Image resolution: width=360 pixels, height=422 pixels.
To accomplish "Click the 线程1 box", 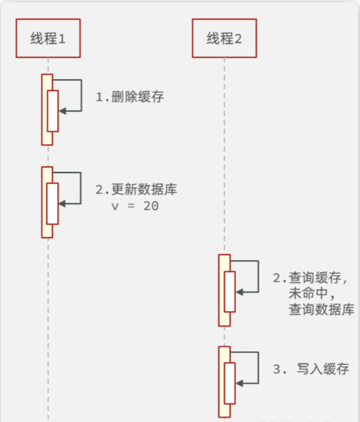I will tap(48, 38).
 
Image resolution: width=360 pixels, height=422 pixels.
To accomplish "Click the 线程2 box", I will tap(224, 38).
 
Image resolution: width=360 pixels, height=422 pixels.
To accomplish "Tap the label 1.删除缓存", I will tap(130, 97).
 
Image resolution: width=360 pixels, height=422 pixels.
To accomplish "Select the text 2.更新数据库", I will tap(136, 190).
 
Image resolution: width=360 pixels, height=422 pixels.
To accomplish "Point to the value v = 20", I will tap(135, 206).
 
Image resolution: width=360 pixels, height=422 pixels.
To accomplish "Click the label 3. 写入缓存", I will tap(311, 369).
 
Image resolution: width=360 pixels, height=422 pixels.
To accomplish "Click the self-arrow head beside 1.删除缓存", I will tap(62, 111).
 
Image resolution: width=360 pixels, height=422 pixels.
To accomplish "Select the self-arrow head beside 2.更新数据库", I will tap(62, 203).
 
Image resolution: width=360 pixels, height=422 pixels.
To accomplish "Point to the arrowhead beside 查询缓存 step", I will tap(239, 292).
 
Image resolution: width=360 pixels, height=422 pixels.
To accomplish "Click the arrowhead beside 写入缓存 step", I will tap(239, 383).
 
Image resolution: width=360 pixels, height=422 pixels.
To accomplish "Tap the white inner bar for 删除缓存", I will tap(53, 111).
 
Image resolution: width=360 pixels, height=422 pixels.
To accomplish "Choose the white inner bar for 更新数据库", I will tap(53, 203).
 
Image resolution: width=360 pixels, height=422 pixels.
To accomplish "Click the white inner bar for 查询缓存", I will tap(229, 291).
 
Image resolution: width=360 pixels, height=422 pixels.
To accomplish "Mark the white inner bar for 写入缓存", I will tap(229, 382).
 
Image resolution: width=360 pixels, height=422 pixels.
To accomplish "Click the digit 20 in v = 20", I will tap(151, 206).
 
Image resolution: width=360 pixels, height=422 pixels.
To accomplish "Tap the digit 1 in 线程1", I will tap(62, 38).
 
